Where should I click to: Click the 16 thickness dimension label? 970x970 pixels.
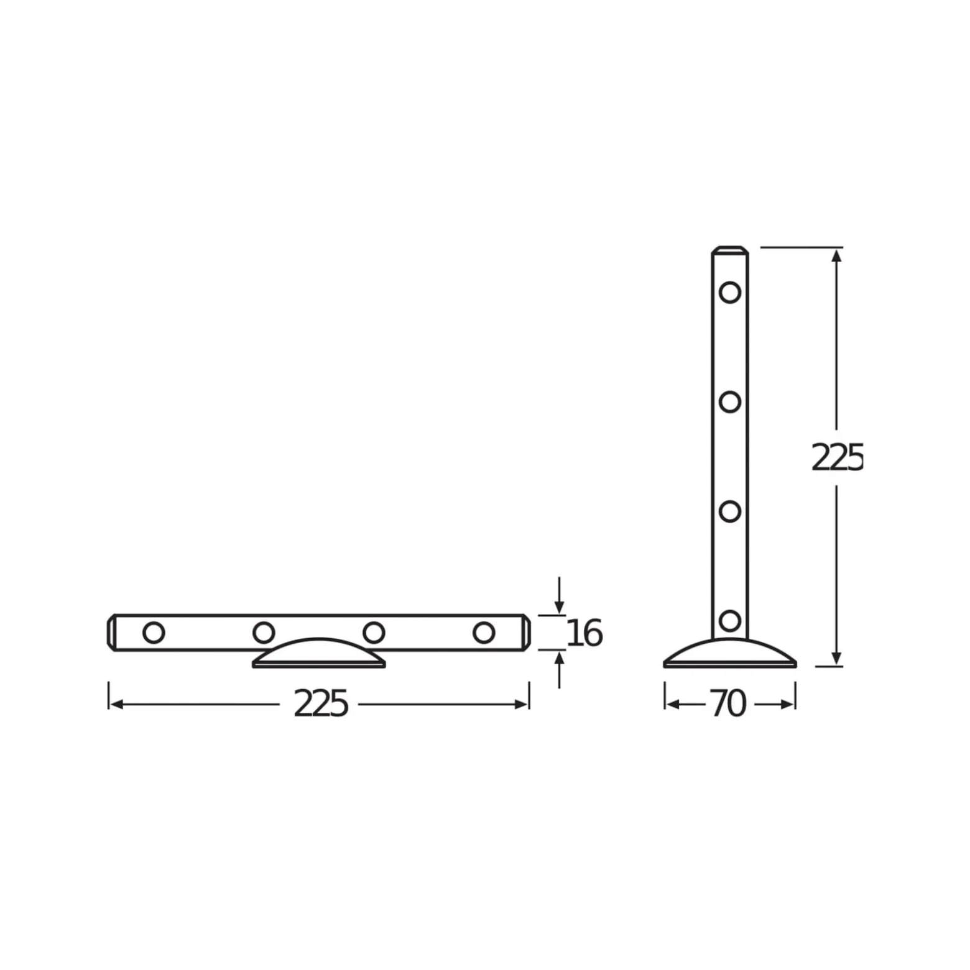click(x=584, y=633)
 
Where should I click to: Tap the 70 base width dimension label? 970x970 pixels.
click(x=728, y=704)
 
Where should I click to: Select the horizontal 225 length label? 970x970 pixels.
click(x=320, y=704)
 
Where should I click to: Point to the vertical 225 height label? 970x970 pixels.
click(x=837, y=458)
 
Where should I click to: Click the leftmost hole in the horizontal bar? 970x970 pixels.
click(x=154, y=633)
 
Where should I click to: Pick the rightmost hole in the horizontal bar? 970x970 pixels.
click(x=484, y=633)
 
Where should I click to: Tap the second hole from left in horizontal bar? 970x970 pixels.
click(x=264, y=633)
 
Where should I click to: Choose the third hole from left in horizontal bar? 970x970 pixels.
click(x=374, y=633)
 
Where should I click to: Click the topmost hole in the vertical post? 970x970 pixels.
click(x=730, y=292)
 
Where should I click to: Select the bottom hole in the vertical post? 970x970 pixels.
click(x=730, y=621)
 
